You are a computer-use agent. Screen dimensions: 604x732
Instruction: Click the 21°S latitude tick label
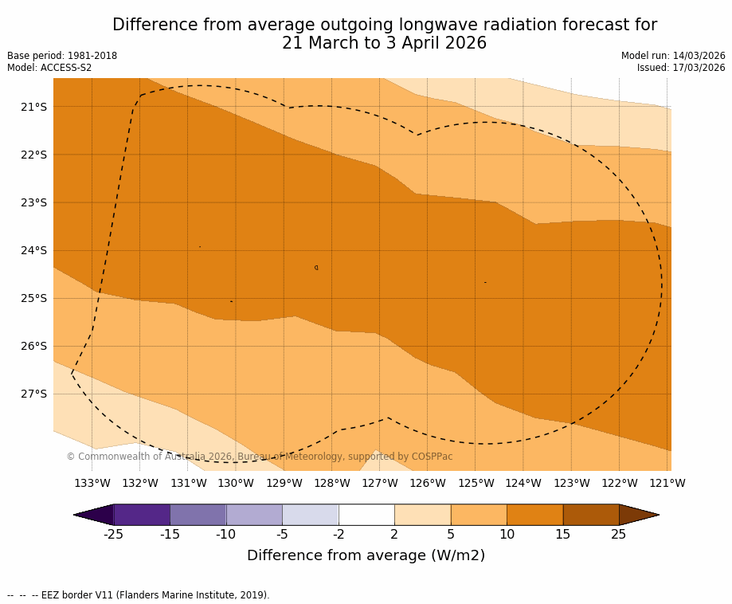(x=33, y=107)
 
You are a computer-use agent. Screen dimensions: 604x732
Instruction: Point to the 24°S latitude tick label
(x=33, y=250)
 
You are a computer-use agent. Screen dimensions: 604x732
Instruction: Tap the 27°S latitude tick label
(x=33, y=394)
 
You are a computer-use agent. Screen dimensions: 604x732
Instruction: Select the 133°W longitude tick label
(x=92, y=483)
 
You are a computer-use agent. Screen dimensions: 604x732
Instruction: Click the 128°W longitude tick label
(x=332, y=483)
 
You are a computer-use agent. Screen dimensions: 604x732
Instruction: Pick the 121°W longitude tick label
(x=667, y=483)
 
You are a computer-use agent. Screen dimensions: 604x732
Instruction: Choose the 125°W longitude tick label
(x=476, y=483)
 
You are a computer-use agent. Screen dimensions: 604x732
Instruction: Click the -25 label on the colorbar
(x=114, y=534)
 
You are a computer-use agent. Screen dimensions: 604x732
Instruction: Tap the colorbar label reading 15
(x=562, y=534)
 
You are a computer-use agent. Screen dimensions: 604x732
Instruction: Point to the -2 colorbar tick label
(x=339, y=534)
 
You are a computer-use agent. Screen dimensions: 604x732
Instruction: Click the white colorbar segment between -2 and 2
(x=366, y=515)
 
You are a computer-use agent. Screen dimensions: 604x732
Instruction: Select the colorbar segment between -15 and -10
(x=198, y=515)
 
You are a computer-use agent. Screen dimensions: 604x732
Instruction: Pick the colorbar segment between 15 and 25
(x=591, y=515)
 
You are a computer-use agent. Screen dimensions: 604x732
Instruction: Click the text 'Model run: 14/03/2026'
(x=673, y=56)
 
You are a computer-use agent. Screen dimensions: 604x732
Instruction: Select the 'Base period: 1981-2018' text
(x=62, y=56)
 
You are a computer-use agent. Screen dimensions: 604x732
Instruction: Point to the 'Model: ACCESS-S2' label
(x=49, y=68)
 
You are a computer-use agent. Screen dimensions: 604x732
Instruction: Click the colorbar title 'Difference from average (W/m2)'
(x=366, y=555)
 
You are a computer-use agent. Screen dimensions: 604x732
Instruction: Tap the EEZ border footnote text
(x=139, y=595)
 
